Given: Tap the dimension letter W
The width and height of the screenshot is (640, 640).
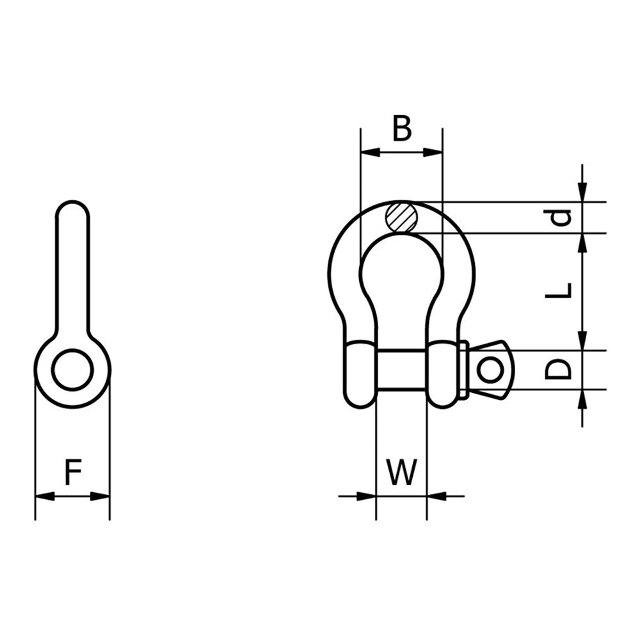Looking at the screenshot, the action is coord(402,472).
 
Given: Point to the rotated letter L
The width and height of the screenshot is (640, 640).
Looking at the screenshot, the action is coord(558,290).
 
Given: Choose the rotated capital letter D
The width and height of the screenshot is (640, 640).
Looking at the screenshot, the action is coord(558,369).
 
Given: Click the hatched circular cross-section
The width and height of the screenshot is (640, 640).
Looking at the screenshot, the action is coord(402,217).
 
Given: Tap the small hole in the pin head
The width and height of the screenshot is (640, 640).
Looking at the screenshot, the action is coord(490,370).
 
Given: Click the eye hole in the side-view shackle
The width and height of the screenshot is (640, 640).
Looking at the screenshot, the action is coord(73,369).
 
